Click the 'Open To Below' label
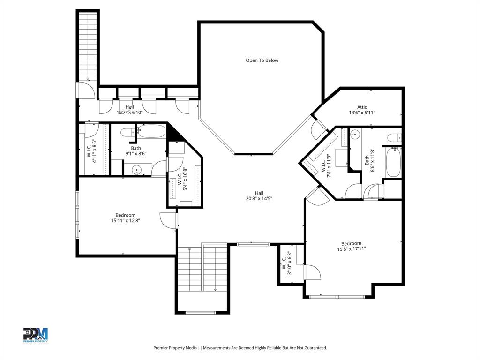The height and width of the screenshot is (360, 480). pos(262,60)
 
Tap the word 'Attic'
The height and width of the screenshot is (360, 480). pos(362,107)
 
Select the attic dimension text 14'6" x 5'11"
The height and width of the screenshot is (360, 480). pos(362,113)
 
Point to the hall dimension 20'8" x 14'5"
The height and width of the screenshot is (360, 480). pos(259,199)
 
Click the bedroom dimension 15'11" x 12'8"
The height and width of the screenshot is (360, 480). pos(125,221)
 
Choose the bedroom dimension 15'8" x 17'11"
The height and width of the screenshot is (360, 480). pos(351,249)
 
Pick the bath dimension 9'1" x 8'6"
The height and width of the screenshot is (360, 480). pos(136,153)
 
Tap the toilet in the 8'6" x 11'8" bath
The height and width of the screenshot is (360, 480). pos(394,137)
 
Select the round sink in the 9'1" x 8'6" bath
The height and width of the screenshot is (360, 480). pos(136,170)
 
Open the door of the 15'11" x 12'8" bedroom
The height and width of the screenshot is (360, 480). pos(168,220)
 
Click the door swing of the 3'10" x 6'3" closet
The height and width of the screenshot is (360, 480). pos(311,272)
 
